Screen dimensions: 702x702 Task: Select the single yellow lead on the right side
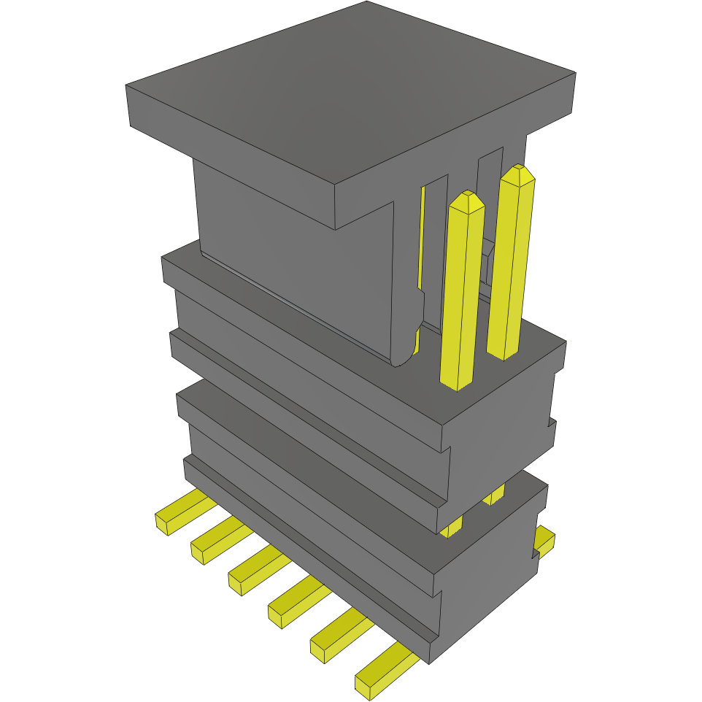click(544, 539)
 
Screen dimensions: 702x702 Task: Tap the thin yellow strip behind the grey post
click(421, 241)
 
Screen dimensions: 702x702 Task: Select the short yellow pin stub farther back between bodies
click(494, 495)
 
